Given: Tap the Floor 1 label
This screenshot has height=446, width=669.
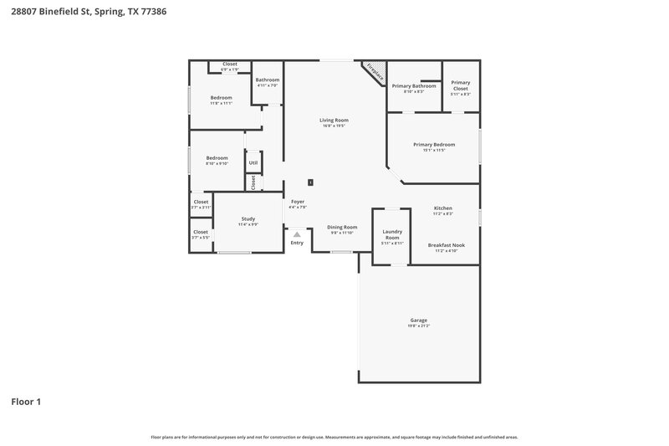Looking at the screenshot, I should pos(26,402).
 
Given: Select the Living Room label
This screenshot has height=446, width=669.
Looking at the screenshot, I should pos(333,120).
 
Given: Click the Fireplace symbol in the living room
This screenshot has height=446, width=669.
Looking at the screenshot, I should pos(375,72).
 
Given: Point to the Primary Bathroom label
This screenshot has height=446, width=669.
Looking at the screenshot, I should pos(414,86).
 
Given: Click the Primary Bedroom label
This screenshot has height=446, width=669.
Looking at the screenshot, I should pos(434,145).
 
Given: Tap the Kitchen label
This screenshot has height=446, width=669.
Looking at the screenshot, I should pos(443,208).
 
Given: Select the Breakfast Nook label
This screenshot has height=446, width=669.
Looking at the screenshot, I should pos(446,245).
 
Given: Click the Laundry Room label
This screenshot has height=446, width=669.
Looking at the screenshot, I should pos(392,234).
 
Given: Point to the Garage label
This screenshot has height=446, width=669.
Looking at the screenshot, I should pos(419,320).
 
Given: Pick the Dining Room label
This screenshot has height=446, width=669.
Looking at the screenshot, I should pos(342,227).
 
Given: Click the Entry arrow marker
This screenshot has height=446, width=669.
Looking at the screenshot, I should pos(297,235).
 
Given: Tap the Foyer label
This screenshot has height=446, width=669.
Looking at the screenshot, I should pos(297,202).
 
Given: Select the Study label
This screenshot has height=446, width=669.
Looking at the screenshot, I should pos(248,218).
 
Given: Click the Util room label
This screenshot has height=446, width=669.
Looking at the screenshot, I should pos(253,161).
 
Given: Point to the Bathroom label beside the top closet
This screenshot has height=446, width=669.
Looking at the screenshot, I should pos(268,80).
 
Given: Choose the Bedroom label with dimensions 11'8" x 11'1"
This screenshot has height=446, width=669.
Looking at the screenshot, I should pos(221,98).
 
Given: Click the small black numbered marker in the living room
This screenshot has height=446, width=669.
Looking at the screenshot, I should pos(311,182).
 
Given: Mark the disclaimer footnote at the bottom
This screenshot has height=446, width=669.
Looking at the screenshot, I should pos(334,437).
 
